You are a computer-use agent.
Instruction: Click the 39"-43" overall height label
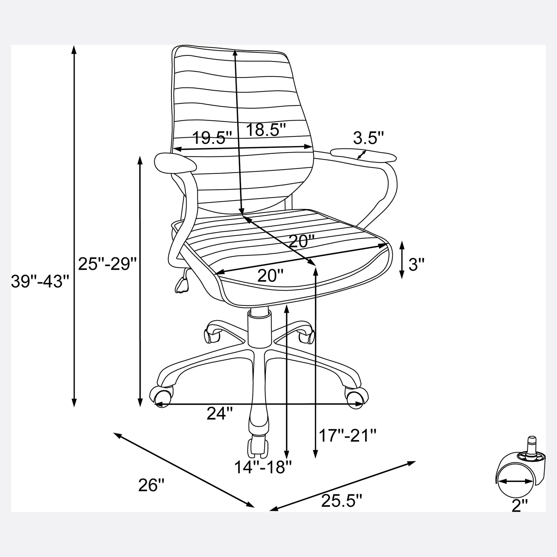40,281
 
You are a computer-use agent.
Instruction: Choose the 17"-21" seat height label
348,444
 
